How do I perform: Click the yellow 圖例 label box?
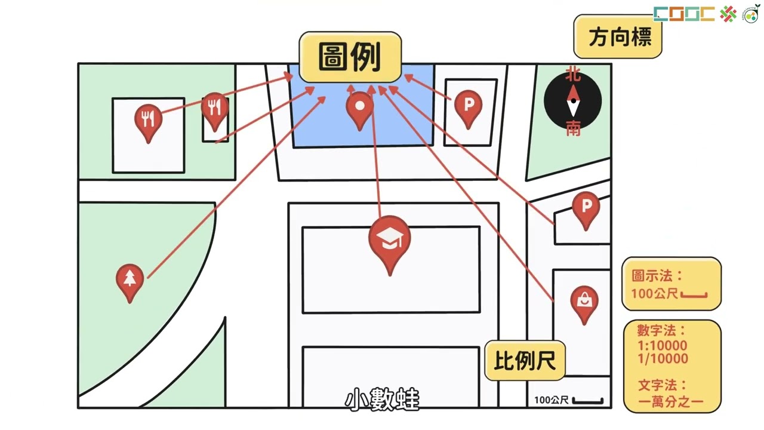[350, 57]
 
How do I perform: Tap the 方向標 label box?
[618, 36]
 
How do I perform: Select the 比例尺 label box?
[525, 360]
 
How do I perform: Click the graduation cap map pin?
[390, 245]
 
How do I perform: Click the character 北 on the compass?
[573, 74]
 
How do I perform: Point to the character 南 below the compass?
[574, 128]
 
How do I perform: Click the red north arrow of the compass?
[574, 93]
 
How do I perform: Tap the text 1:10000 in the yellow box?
[663, 345]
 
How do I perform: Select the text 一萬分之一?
[670, 402]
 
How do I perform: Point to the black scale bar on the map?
[588, 401]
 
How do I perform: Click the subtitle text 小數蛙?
[382, 398]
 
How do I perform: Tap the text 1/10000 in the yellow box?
[663, 359]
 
